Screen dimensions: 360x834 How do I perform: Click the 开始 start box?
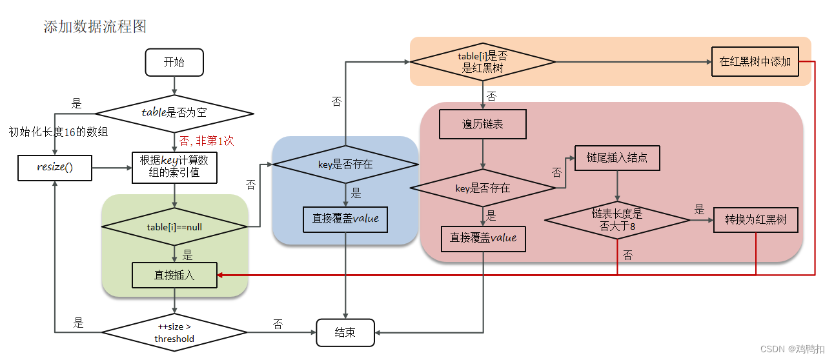coord(174,63)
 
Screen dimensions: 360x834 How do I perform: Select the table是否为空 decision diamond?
coord(174,112)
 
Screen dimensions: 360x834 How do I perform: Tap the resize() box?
coord(55,168)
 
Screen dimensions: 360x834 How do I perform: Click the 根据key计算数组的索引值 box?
coord(174,167)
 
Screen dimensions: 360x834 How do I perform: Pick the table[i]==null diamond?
coord(174,226)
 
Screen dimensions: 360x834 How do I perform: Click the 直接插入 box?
coord(174,275)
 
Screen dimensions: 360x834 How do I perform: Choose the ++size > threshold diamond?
coord(174,333)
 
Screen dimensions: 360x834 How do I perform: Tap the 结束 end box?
coord(345,333)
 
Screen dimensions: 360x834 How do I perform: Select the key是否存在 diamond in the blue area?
coord(345,164)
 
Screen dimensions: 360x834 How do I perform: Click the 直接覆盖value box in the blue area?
coord(345,219)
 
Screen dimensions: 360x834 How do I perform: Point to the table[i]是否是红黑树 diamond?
coord(483,63)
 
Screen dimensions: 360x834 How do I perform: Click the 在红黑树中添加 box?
coord(755,62)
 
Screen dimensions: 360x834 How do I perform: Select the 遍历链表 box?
coord(483,124)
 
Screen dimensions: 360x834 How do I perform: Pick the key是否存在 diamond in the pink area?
coord(483,188)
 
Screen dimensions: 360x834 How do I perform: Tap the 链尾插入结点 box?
coord(617,157)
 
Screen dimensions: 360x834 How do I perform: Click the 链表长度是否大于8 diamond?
coord(617,220)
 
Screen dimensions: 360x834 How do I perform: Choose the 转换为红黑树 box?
coord(756,220)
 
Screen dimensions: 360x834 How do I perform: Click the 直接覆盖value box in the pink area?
coord(483,238)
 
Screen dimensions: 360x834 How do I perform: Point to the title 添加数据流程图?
coord(95,26)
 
